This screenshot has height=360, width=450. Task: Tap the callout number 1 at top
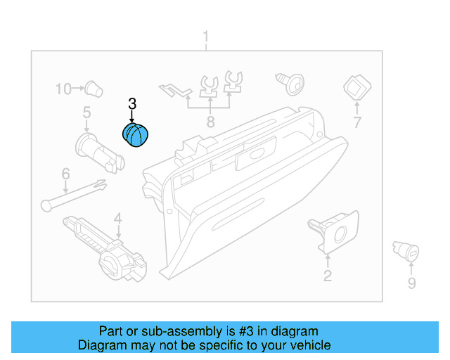pyautogui.click(x=206, y=36)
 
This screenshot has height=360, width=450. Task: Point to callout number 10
pyautogui.click(x=64, y=89)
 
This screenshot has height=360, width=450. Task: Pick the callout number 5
pyautogui.click(x=87, y=112)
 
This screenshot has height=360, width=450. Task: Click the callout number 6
pyautogui.click(x=65, y=173)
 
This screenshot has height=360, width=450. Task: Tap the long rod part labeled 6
pyautogui.click(x=73, y=194)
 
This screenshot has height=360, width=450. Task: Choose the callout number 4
pyautogui.click(x=118, y=218)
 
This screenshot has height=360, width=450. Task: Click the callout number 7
pyautogui.click(x=356, y=123)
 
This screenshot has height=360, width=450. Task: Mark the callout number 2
pyautogui.click(x=327, y=276)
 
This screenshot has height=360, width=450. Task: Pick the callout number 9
pyautogui.click(x=411, y=283)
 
